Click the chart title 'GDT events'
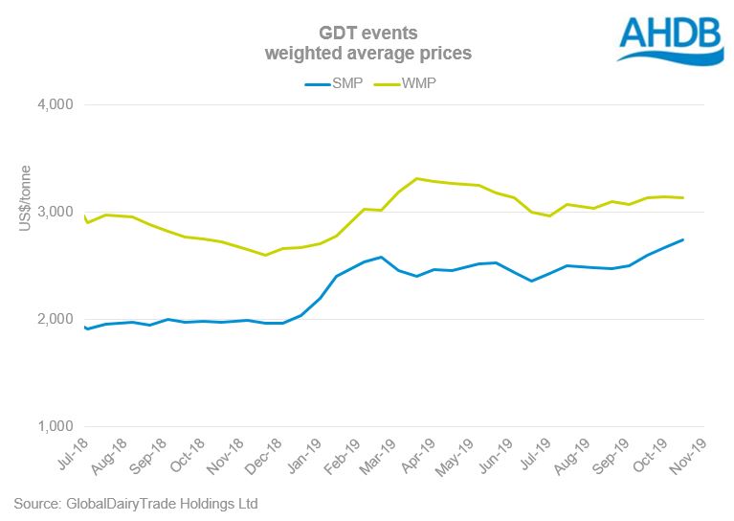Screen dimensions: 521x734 click(368, 34)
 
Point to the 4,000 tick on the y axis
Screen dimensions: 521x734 click(61, 104)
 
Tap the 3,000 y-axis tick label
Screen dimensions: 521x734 click(61, 212)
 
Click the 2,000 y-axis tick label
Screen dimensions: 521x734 click(61, 319)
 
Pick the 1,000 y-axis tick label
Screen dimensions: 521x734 click(61, 426)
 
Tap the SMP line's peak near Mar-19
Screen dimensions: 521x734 click(381, 257)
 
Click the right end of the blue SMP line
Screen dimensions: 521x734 click(682, 239)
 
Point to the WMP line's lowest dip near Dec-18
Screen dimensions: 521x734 click(265, 255)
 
